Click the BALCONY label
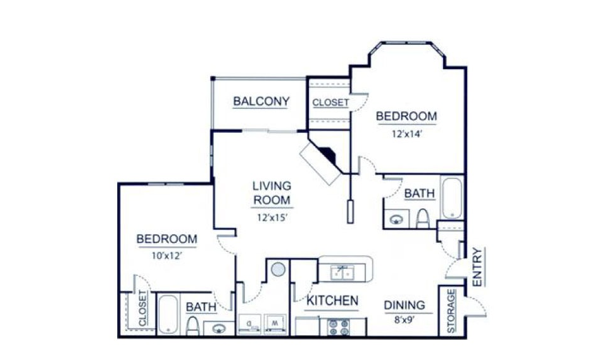tap(261, 101)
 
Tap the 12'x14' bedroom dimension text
tap(405, 133)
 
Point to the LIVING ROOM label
tap(272, 193)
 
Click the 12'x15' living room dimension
tap(272, 217)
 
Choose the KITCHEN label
tap(332, 301)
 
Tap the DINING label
tap(404, 306)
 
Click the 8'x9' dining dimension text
tap(404, 320)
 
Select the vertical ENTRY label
tap(477, 266)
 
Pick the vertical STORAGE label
tap(451, 311)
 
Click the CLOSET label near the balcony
tap(330, 102)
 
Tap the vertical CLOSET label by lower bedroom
tap(142, 309)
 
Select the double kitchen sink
tap(342, 272)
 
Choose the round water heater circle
tap(278, 270)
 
